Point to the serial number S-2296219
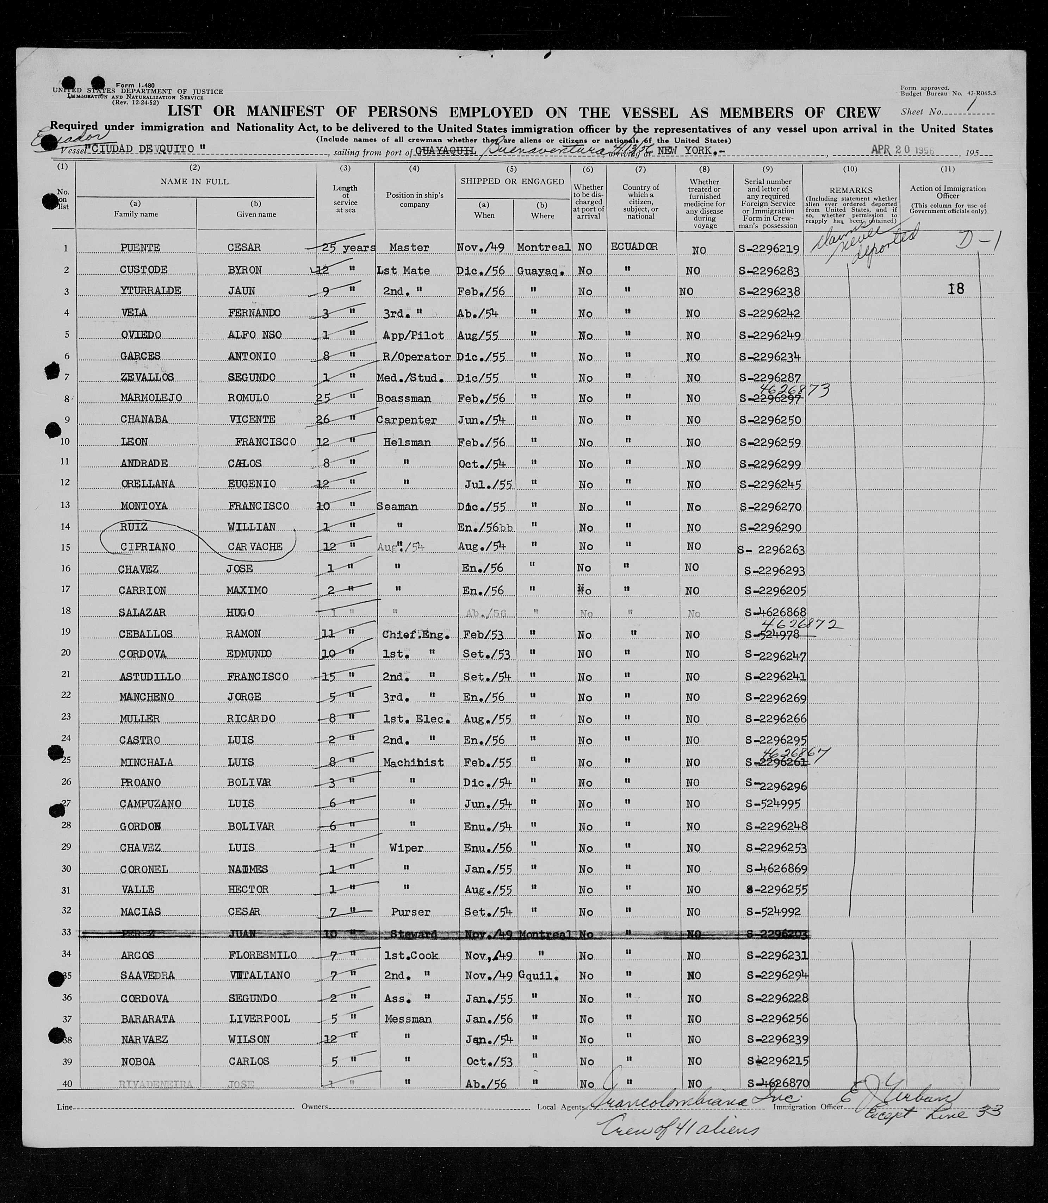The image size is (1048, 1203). click(769, 249)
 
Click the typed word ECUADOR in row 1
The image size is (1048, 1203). click(634, 247)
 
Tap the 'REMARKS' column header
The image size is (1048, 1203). click(850, 190)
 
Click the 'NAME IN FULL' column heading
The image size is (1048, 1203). click(194, 182)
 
